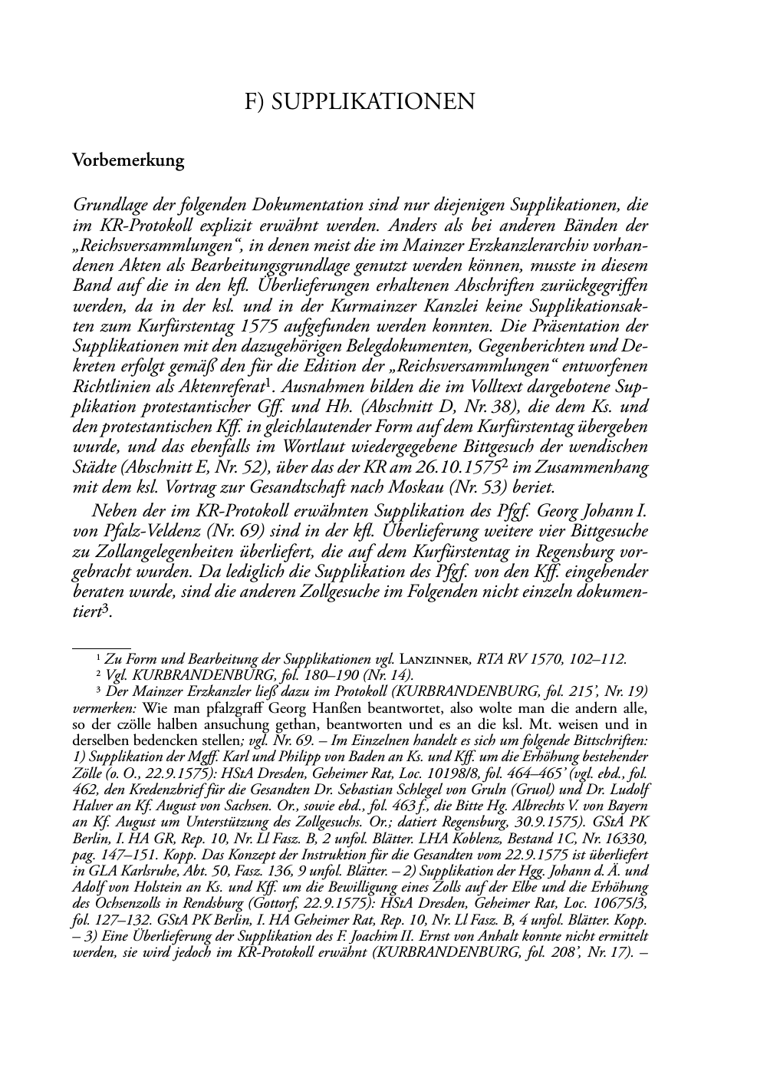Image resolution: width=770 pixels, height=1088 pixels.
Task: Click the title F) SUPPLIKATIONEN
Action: coord(359,101)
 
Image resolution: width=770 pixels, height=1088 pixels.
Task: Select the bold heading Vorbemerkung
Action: coord(128,160)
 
